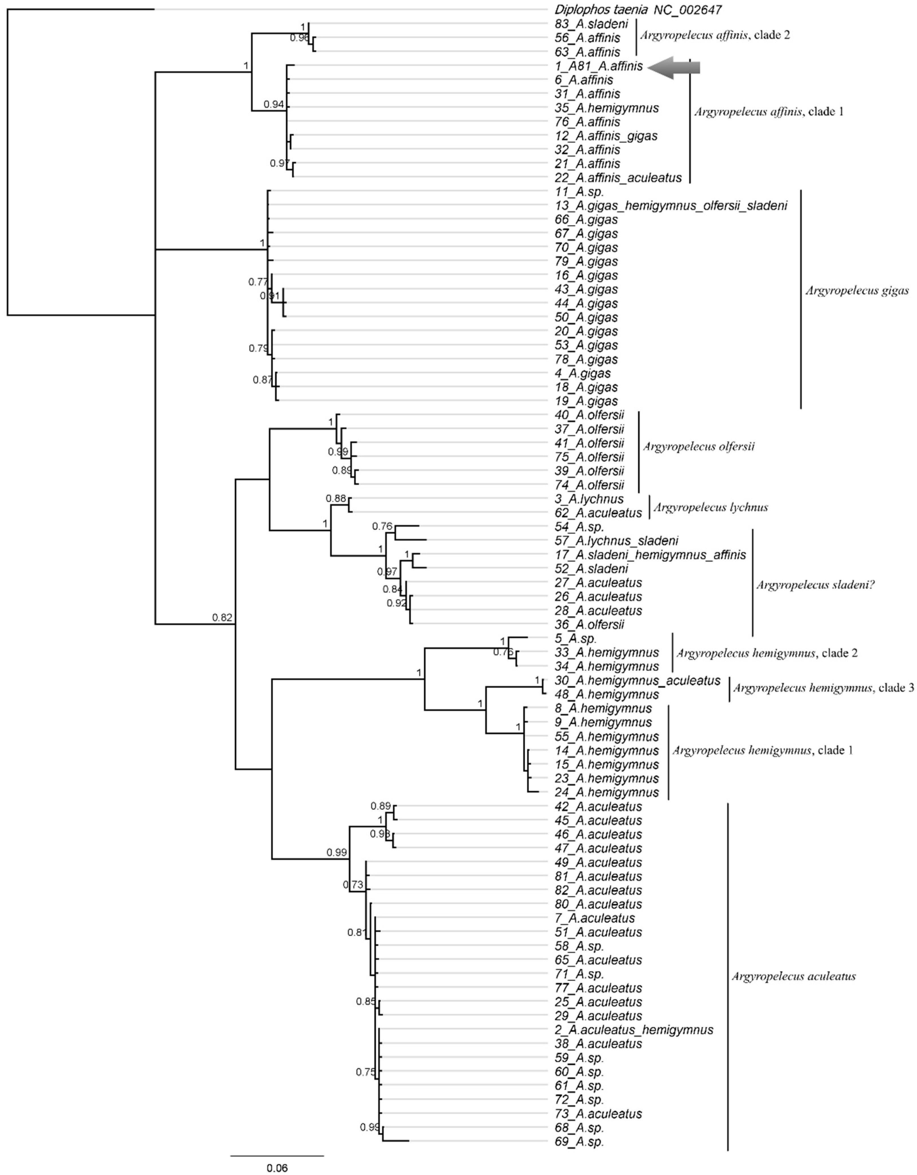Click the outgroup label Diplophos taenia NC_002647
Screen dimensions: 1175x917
coord(638,10)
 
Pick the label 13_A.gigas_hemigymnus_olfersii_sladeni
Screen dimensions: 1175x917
coord(671,205)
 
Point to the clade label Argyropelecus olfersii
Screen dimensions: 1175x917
coord(699,446)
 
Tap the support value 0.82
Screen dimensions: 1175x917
coord(222,618)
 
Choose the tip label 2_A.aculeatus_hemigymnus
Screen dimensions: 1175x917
coord(634,1030)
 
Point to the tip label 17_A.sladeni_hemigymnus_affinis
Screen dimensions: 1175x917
coord(650,555)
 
